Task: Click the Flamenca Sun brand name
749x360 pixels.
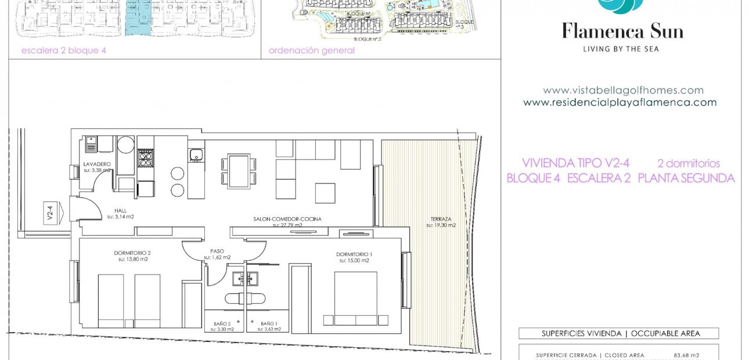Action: click(622, 31)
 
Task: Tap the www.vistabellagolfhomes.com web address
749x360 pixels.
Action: click(623, 91)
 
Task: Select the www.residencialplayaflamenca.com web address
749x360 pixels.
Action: click(620, 103)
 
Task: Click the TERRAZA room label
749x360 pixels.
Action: click(441, 219)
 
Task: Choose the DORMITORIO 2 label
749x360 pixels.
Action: click(132, 253)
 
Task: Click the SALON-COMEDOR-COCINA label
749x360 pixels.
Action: click(287, 219)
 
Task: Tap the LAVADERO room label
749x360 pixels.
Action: click(96, 165)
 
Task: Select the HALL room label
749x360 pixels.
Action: click(120, 211)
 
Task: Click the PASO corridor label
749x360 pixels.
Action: click(217, 252)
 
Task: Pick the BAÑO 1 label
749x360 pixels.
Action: click(268, 323)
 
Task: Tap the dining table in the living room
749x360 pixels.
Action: click(239, 171)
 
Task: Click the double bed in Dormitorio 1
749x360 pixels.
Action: click(355, 299)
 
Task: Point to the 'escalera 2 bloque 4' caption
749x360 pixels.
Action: click(64, 51)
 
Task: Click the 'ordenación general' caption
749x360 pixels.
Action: click(311, 51)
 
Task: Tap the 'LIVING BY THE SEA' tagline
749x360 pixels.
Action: click(621, 49)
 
